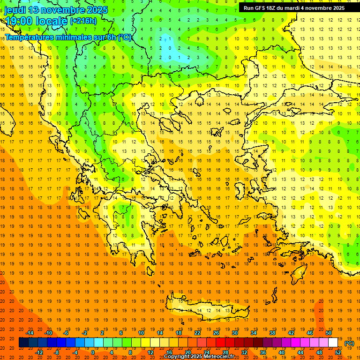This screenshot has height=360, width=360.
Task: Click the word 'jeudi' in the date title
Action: (x=15, y=10)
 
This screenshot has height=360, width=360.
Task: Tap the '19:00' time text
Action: (x=17, y=21)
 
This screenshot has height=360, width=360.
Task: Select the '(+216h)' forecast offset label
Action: (x=83, y=21)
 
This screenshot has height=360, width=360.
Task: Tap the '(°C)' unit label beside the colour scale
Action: (x=349, y=343)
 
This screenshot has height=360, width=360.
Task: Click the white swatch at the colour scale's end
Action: (x=333, y=343)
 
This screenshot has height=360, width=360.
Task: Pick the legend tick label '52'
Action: (x=338, y=352)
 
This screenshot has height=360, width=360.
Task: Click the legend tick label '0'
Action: (x=92, y=352)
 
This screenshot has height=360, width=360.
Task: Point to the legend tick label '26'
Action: (x=216, y=333)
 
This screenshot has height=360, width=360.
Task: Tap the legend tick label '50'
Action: (x=329, y=333)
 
